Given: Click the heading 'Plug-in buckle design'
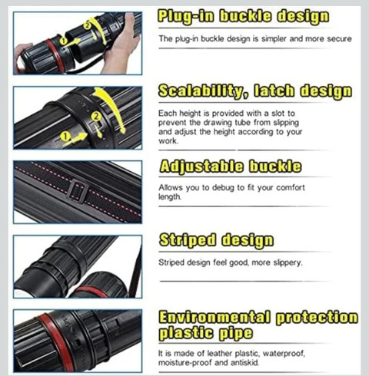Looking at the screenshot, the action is [243, 17].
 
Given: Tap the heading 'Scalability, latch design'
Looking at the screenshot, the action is [255, 91].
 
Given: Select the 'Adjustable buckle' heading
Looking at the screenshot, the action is [230, 167].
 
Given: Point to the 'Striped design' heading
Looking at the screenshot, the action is [216, 240].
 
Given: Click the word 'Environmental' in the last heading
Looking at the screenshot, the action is [214, 318].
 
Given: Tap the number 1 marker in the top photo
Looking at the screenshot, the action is [63, 41].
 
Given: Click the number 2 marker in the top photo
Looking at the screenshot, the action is [87, 25].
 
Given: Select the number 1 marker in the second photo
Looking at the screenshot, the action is [66, 137].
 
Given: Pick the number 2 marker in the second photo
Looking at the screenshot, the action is [96, 117].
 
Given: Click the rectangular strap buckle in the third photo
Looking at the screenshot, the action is [78, 191].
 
